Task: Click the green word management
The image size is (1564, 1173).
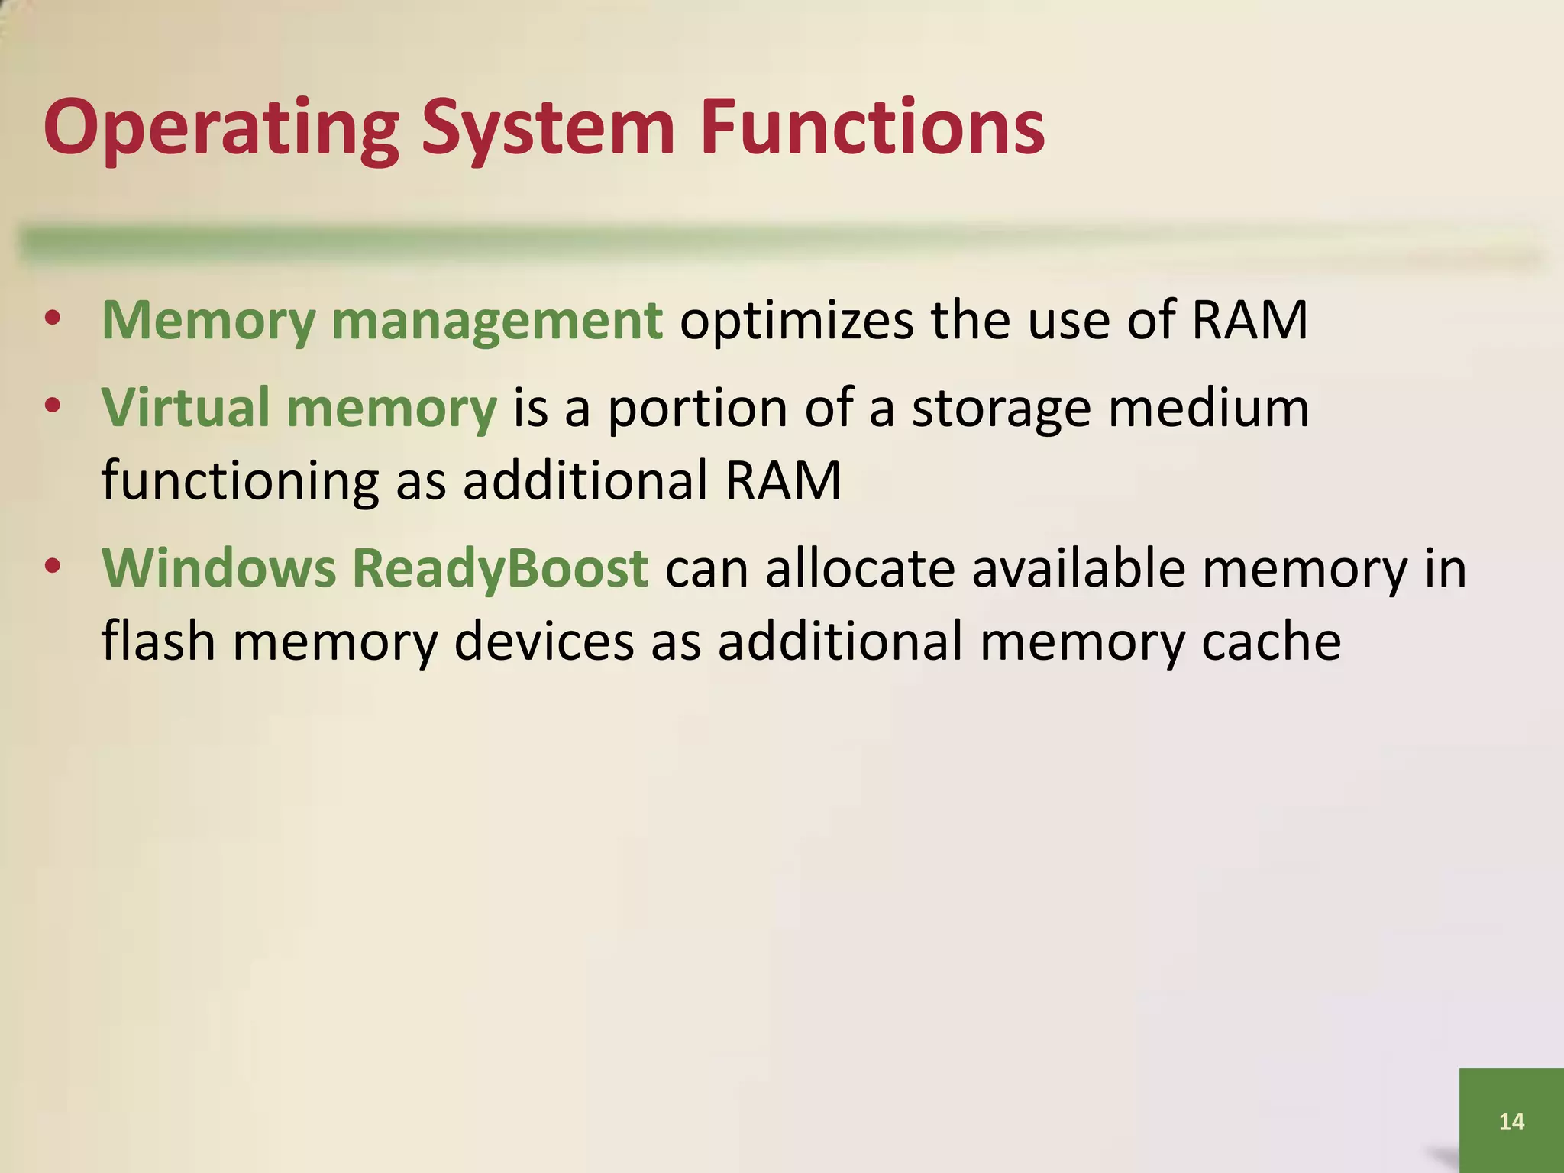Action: (x=497, y=321)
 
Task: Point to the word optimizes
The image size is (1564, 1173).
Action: (x=796, y=321)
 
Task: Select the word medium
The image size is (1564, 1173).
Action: (x=1209, y=407)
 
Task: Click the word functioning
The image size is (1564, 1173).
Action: (x=240, y=481)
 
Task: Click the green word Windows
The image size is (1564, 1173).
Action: (x=218, y=568)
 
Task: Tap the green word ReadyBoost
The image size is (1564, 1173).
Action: (x=500, y=570)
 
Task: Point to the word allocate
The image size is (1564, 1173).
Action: (x=860, y=568)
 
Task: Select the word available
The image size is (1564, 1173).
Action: (x=1078, y=568)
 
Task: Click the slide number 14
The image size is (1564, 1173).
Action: (x=1511, y=1122)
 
